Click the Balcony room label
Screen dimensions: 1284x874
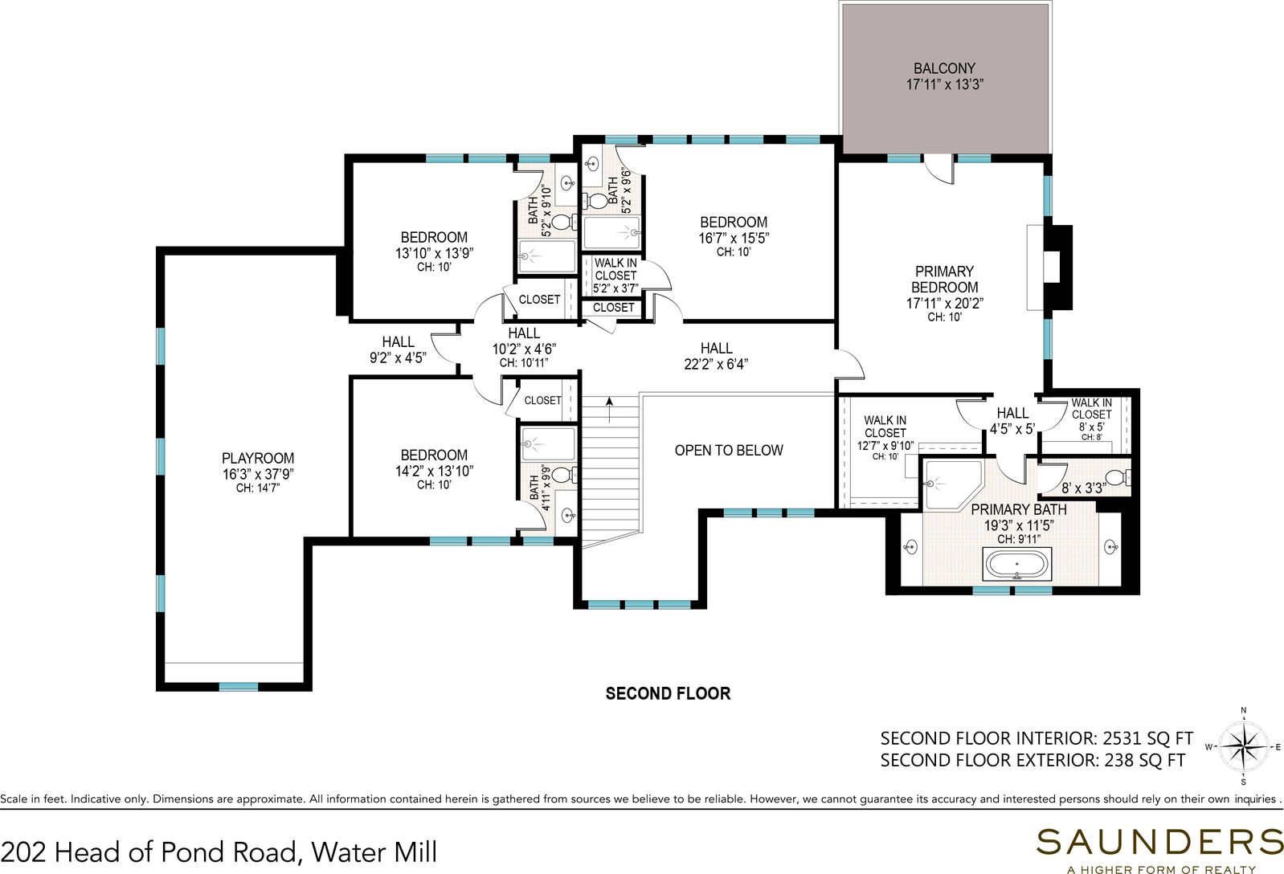click(945, 68)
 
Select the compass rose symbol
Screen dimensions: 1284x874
click(1243, 747)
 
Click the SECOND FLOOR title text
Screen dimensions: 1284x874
click(669, 693)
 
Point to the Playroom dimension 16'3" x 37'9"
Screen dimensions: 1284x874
click(258, 474)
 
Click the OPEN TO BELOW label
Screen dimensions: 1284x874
click(729, 451)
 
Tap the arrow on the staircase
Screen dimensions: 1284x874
click(609, 409)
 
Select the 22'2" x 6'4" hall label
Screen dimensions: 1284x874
click(716, 364)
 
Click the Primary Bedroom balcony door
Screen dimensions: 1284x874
click(939, 169)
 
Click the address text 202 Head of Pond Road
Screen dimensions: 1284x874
click(151, 852)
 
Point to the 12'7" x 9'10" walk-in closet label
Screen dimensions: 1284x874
click(885, 447)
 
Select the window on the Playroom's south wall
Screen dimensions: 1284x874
click(239, 687)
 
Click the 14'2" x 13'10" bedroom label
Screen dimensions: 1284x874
click(434, 471)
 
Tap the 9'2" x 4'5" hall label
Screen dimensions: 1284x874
click(398, 358)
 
